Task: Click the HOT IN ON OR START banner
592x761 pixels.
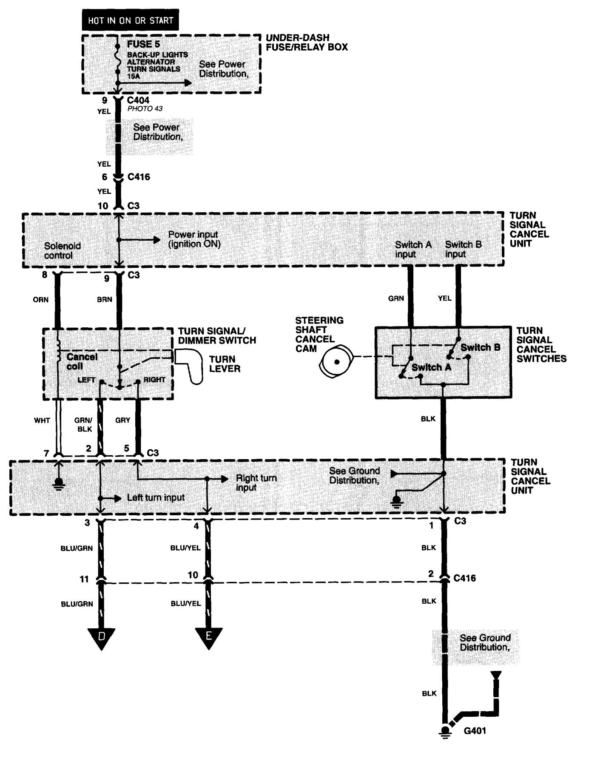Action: pos(130,20)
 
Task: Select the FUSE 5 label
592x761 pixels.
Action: pos(143,44)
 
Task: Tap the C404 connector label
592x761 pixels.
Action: pos(138,101)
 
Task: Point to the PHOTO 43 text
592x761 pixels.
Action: pos(145,109)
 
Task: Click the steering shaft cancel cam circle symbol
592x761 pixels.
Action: pos(336,362)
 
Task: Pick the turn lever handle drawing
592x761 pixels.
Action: pos(191,366)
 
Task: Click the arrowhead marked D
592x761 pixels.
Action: pos(101,638)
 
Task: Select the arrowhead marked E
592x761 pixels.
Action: pos(208,638)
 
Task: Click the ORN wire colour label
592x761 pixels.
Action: pos(40,300)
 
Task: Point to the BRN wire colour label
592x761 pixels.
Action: pos(104,300)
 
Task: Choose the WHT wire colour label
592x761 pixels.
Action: pos(42,420)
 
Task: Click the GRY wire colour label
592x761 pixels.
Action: pos(122,420)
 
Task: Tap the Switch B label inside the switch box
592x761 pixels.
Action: pos(480,347)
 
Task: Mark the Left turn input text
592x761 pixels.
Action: pos(156,497)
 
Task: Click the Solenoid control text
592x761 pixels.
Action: pos(62,250)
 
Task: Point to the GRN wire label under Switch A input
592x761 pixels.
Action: pos(396,299)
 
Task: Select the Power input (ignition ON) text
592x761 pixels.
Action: pos(194,239)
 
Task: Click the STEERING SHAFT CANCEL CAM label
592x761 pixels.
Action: pos(319,334)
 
